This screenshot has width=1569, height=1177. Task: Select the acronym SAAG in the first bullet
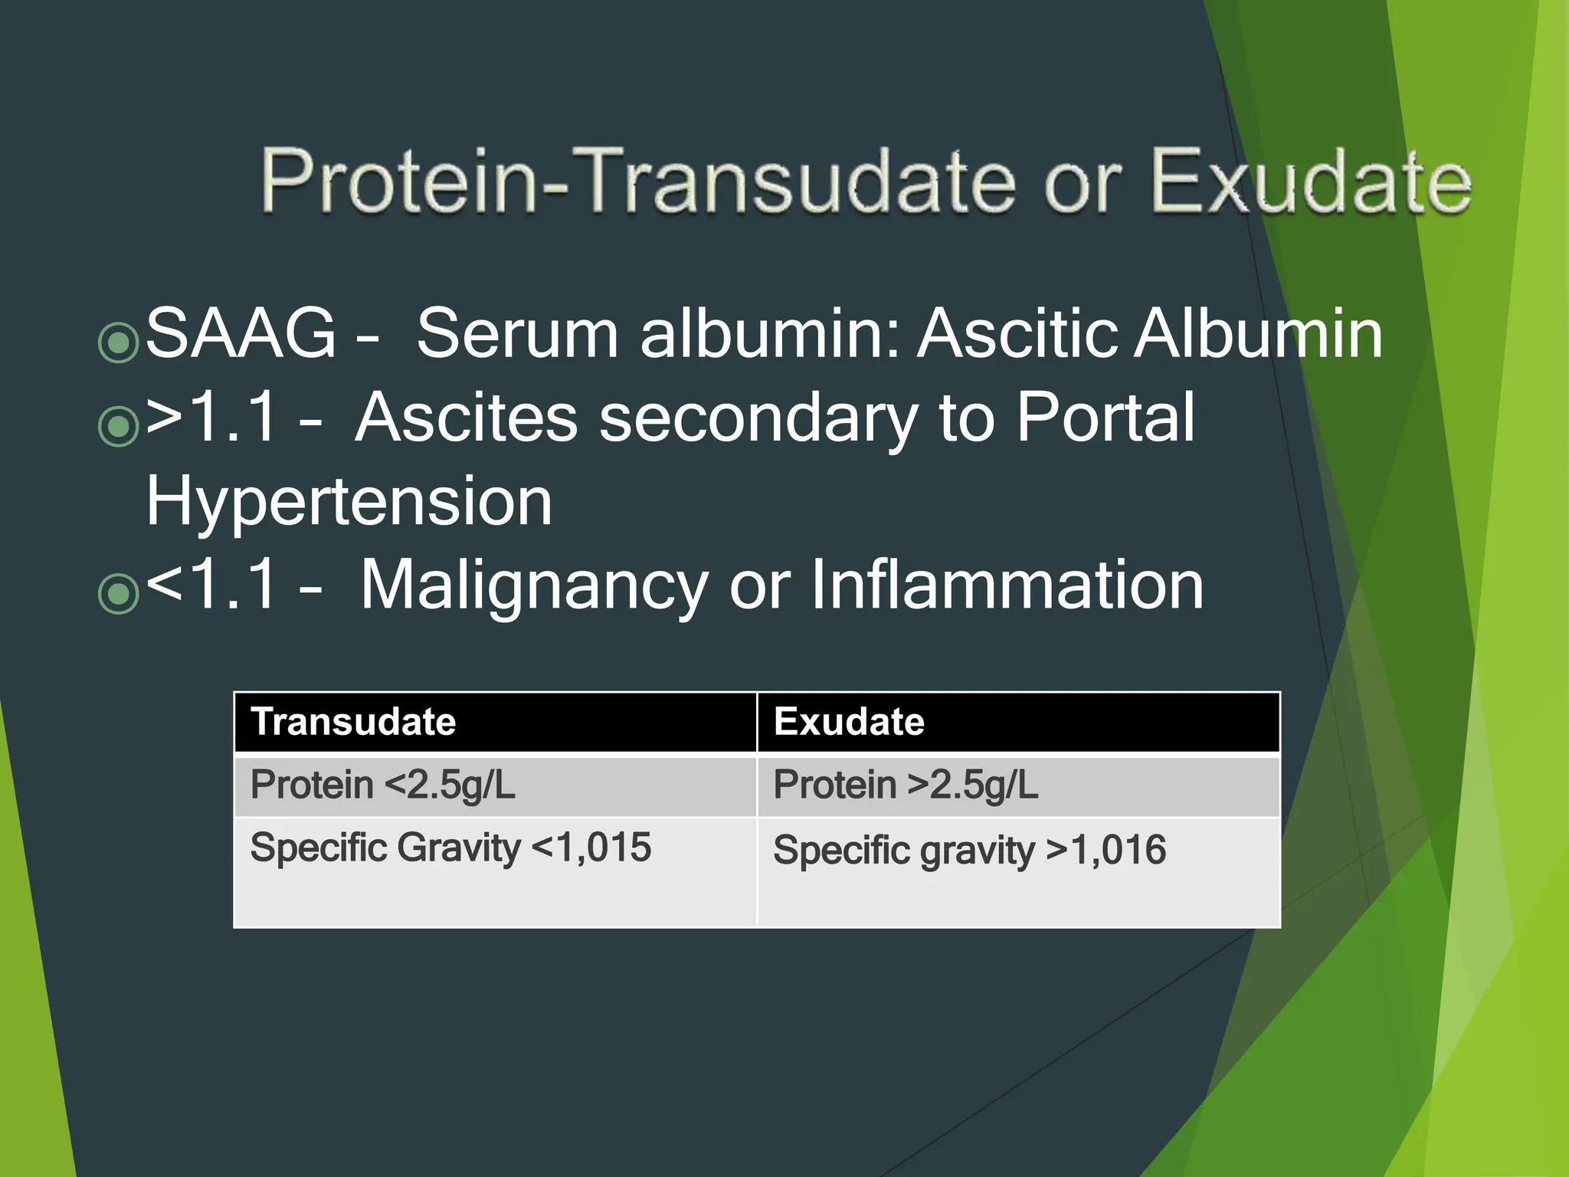(x=241, y=333)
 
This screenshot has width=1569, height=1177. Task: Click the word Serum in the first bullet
(x=517, y=333)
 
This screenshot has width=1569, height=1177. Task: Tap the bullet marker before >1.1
(x=119, y=426)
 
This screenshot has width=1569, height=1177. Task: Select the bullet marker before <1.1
(x=119, y=593)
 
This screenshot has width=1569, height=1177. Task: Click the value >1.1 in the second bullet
(x=210, y=418)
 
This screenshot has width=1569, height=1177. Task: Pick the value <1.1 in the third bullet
(x=210, y=585)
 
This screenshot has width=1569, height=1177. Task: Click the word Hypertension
(x=349, y=502)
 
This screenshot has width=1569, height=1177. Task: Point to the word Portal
(x=1106, y=418)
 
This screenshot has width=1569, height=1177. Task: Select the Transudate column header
(x=353, y=722)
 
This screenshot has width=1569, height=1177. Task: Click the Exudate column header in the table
(x=849, y=722)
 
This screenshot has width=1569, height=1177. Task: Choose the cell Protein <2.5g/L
(x=383, y=785)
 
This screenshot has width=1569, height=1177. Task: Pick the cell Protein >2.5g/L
(x=906, y=785)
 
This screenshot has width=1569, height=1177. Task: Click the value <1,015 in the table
(x=591, y=848)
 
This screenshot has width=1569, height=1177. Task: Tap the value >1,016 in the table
(x=1106, y=851)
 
